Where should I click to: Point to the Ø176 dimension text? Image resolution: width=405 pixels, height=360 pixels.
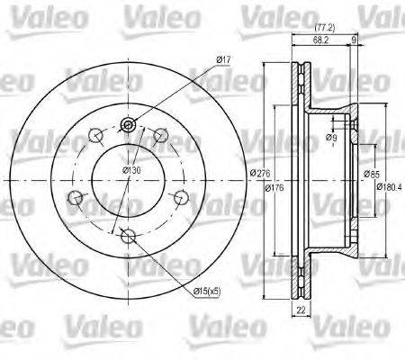[275, 187]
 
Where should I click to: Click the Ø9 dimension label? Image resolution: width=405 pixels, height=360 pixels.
[332, 138]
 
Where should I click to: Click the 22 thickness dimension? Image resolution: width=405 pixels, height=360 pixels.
[301, 310]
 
